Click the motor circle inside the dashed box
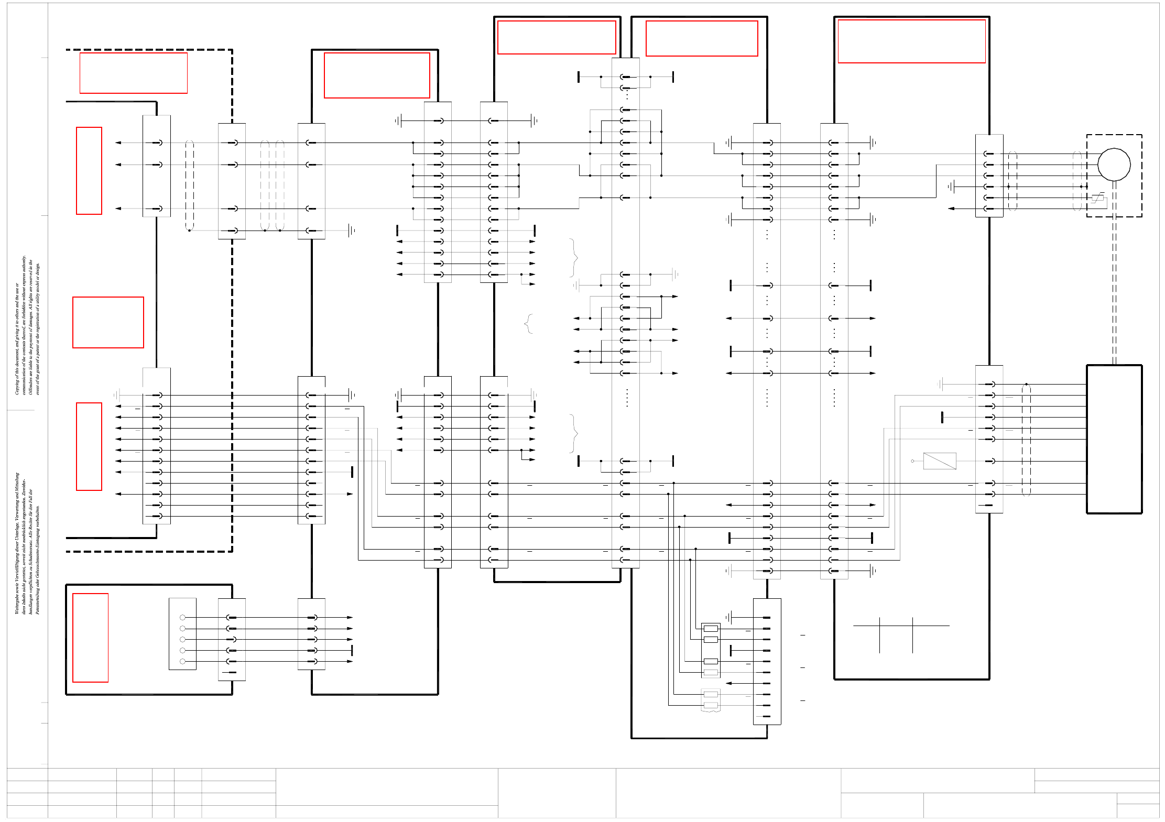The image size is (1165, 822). [1114, 165]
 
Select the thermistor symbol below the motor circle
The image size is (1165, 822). [1098, 198]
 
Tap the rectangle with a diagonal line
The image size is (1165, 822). [940, 461]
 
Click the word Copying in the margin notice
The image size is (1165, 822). [17, 388]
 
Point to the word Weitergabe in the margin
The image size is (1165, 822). [17, 605]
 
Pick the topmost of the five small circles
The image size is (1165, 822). [182, 618]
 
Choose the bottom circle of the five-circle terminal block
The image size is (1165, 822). [182, 662]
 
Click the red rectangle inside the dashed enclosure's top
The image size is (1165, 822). [134, 73]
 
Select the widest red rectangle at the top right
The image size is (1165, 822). [911, 41]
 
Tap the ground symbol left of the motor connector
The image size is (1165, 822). [951, 187]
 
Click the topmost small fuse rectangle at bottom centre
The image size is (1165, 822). [711, 629]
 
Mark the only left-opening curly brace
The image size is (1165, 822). [528, 324]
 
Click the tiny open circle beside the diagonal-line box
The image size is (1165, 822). [912, 461]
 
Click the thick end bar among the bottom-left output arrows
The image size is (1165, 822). [352, 651]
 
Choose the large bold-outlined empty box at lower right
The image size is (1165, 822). [1114, 439]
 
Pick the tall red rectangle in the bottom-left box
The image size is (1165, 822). [90, 638]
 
